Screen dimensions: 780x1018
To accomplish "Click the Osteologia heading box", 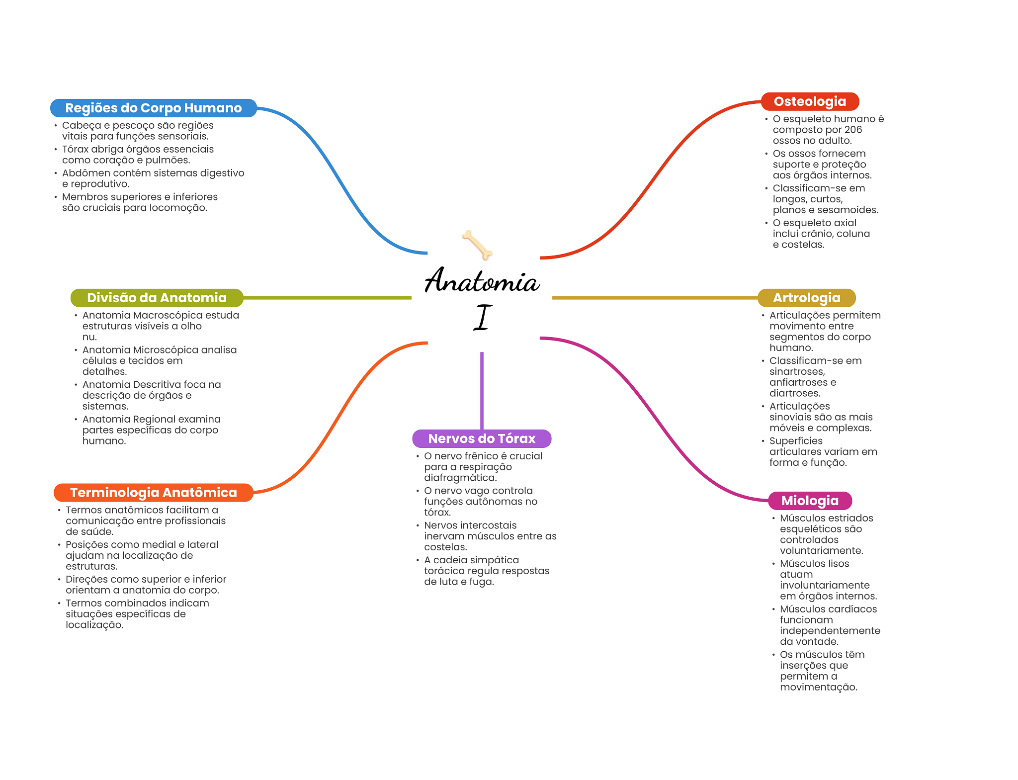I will (x=810, y=101).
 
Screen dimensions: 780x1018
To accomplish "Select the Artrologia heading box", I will (x=806, y=298).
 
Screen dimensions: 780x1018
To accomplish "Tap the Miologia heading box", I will (x=810, y=501).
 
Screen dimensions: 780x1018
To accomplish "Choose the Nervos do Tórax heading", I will (x=482, y=438).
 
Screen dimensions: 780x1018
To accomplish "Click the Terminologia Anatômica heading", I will (x=153, y=493).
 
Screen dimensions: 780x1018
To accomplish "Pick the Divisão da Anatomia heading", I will (x=157, y=298).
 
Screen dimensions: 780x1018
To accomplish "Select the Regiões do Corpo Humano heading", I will (x=153, y=108).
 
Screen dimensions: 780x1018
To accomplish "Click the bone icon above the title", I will (x=477, y=245).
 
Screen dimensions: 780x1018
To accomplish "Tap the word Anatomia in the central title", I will (x=482, y=281).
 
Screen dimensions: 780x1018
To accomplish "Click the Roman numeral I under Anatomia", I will (x=482, y=318).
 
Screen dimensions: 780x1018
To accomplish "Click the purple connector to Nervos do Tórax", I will (x=482, y=390).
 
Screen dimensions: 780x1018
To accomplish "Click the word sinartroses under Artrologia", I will (x=797, y=372).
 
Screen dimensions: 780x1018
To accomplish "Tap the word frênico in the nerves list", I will (x=477, y=456).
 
